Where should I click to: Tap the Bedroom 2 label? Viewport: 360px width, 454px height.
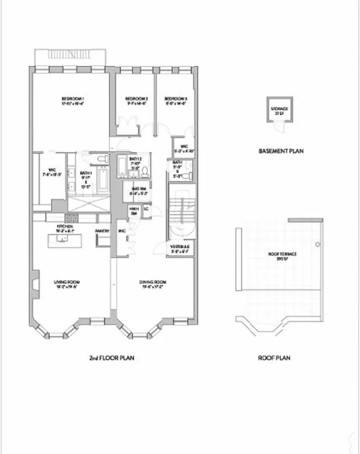click(x=136, y=99)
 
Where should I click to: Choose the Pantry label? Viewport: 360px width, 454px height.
click(x=102, y=231)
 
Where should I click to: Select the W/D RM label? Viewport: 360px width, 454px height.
click(x=139, y=190)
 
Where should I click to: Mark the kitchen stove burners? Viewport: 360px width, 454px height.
click(x=72, y=218)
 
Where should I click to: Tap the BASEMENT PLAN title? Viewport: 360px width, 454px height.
click(x=282, y=151)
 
